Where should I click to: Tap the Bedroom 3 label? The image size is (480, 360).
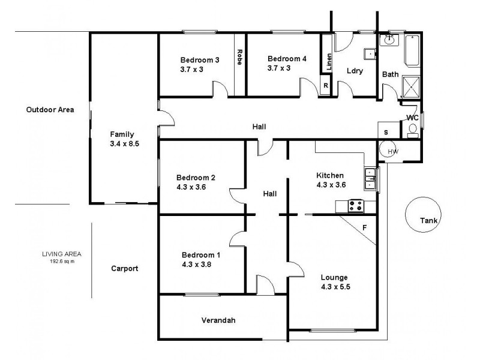200,59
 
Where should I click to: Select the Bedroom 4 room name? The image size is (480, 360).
287,58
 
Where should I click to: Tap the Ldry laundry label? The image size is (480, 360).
355,71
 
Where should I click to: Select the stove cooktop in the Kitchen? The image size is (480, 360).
355,206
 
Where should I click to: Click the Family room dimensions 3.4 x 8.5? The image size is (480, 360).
125,144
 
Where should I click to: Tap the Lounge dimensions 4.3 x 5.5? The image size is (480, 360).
335,287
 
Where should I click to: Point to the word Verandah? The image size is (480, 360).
218,320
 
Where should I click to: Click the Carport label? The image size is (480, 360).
125,269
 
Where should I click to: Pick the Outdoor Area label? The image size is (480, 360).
50,110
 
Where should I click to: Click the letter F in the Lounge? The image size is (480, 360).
364,228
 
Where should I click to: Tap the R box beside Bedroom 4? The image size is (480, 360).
326,86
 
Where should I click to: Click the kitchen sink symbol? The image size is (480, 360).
370,178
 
